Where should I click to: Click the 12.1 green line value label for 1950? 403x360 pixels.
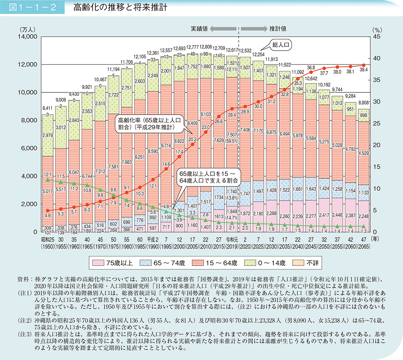48,174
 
